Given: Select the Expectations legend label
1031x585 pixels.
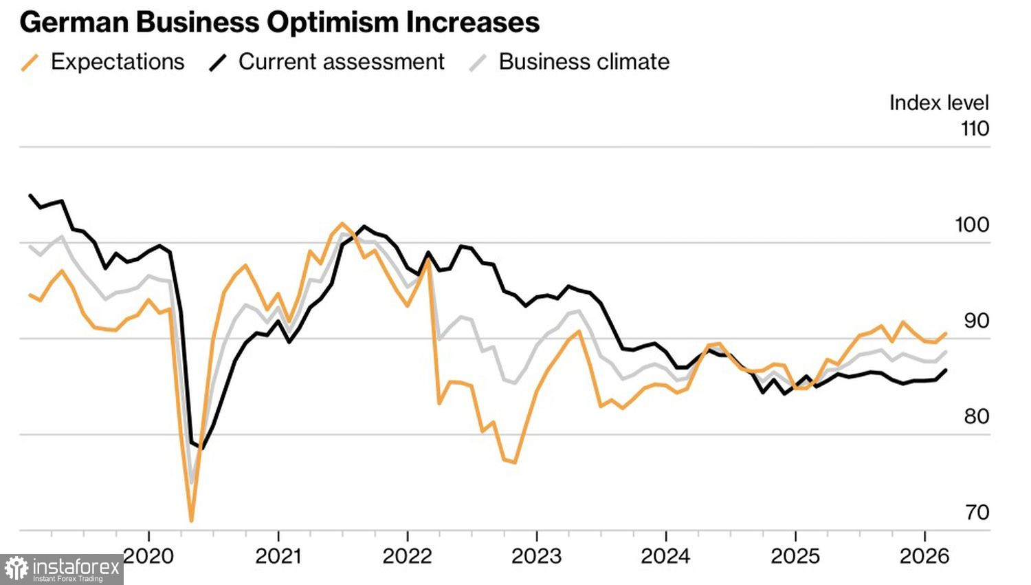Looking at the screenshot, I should click(118, 62).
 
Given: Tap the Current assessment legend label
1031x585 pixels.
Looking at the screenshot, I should click(341, 62).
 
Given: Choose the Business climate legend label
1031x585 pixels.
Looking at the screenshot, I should click(584, 62).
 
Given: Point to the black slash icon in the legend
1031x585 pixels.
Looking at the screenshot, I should click(218, 63).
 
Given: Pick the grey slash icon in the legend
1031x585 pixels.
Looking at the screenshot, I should click(478, 63).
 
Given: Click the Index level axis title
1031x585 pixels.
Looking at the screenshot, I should click(938, 103).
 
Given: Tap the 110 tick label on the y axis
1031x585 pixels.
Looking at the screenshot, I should click(975, 129).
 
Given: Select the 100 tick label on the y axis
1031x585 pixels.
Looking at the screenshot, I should click(972, 225).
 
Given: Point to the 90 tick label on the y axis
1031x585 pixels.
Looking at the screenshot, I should click(976, 321).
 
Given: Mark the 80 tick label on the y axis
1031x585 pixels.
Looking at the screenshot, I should click(976, 416).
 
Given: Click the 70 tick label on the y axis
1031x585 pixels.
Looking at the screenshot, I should click(977, 513).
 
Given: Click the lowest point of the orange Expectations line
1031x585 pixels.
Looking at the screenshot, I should click(191, 520).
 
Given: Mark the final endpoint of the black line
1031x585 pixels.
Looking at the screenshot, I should click(946, 370).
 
